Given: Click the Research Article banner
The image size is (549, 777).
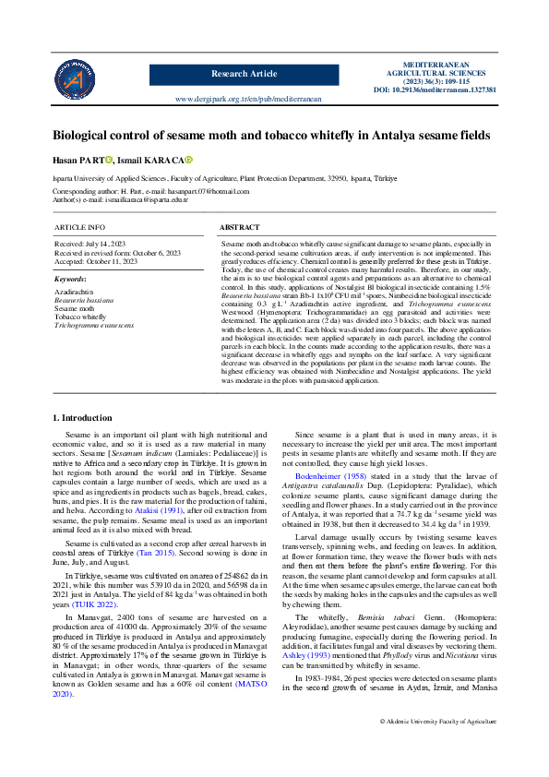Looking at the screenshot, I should (244, 73).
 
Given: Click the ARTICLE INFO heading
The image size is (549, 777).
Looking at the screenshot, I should (79, 227).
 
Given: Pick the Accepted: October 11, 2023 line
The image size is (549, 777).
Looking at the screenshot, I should (96, 261).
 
